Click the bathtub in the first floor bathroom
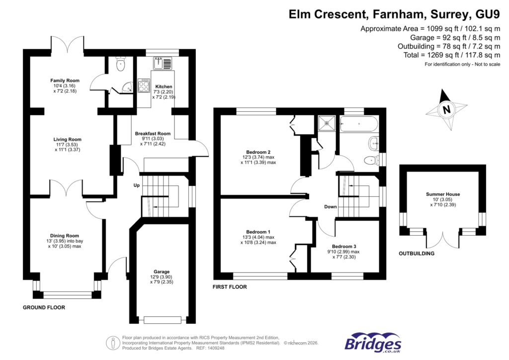coord(358,124)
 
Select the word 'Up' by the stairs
coord(136,185)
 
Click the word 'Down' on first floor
coord(330,207)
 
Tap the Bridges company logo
coord(373,343)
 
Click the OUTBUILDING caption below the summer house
coord(417,254)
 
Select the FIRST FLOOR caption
coord(230,287)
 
